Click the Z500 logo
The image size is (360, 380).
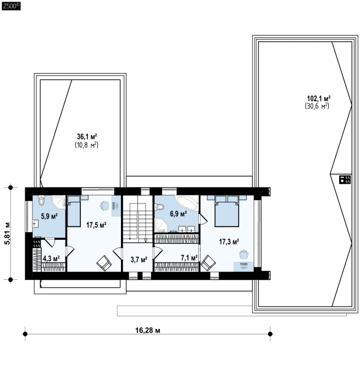pos(11,6)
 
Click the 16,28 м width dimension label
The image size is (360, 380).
pos(147,331)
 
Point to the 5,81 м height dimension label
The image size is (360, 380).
pos(8,233)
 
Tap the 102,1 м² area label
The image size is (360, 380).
pos(319,98)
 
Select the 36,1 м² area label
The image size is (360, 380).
pos(87,137)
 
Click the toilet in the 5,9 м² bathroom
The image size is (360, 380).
pos(42,200)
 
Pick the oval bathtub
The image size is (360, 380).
pos(187,203)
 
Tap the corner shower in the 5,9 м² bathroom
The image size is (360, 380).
pos(59,202)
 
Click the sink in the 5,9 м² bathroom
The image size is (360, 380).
pos(35,223)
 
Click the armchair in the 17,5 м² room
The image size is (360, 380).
pos(104,263)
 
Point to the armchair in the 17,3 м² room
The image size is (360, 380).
pos(208,263)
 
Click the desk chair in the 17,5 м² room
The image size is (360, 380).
pos(104,206)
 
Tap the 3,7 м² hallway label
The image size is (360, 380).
pos(139,260)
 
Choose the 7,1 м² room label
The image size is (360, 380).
pos(189,258)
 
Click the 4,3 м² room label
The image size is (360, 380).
pos(51,258)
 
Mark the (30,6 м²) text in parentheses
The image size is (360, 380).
pos(317,106)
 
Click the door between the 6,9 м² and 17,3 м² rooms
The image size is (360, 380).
pos(203,219)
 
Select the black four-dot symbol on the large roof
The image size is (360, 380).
pos(345,179)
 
